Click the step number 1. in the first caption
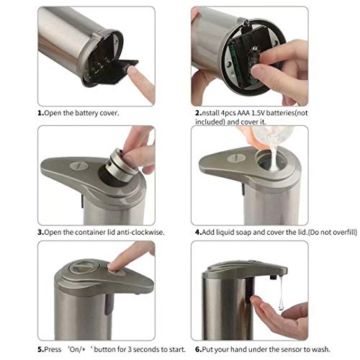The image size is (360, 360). [41, 113]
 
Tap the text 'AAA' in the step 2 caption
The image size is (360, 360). [243, 113]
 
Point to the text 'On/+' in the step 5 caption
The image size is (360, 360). [77, 349]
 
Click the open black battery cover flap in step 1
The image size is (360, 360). [113, 70]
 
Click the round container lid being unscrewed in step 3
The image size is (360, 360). [121, 163]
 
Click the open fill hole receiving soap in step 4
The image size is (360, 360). [271, 161]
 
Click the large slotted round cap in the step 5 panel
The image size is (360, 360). [83, 268]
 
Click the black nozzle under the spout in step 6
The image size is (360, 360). [273, 277]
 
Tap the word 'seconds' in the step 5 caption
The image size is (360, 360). [145, 349]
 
